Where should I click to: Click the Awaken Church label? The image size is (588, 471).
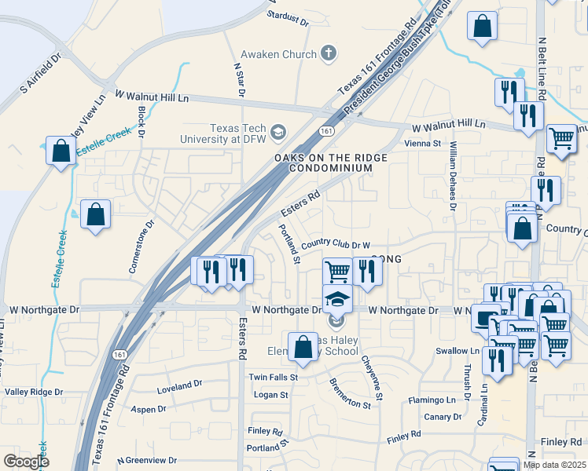277,53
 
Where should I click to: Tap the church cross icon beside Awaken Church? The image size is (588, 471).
329,53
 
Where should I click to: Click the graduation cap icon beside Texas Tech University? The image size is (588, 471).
277,132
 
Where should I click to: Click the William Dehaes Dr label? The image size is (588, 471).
453,177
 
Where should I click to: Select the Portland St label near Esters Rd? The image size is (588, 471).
289,244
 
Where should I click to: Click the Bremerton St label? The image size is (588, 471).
350,392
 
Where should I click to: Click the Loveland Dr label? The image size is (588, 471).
179,385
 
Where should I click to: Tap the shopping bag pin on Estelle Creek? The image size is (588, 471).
61,150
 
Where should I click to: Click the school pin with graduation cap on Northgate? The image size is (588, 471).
337,299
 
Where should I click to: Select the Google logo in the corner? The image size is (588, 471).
27,462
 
